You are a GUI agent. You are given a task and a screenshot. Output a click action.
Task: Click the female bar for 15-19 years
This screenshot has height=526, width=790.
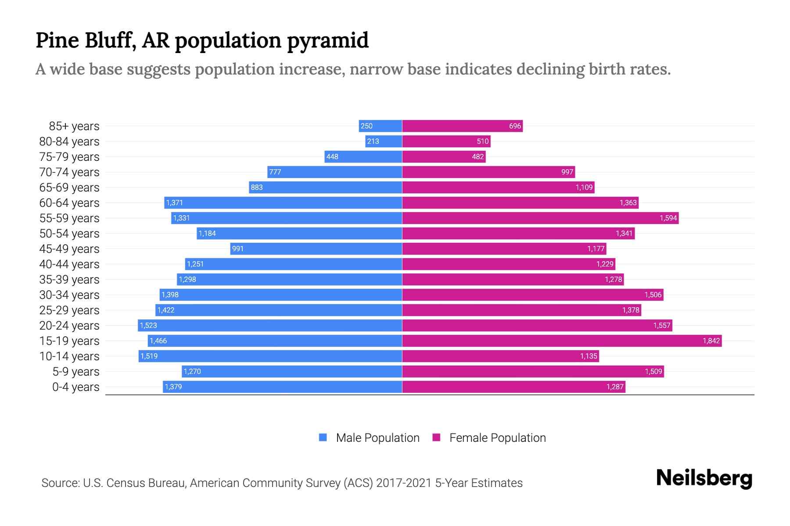pyautogui.click(x=562, y=341)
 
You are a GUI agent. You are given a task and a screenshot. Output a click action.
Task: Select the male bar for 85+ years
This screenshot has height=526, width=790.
pyautogui.click(x=380, y=126)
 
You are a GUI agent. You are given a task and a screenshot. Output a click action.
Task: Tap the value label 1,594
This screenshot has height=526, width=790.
pyautogui.click(x=668, y=218)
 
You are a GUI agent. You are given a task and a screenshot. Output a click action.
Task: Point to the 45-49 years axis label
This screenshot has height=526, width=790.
pyautogui.click(x=69, y=249)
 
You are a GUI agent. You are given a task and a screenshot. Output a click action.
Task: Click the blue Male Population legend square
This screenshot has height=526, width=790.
pyautogui.click(x=323, y=437)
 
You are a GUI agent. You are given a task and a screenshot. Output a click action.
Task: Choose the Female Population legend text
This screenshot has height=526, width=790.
pyautogui.click(x=497, y=437)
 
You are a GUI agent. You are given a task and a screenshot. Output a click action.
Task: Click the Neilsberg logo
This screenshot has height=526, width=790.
pyautogui.click(x=704, y=478)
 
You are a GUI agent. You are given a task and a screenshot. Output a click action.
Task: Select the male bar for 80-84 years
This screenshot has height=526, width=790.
pyautogui.click(x=384, y=141)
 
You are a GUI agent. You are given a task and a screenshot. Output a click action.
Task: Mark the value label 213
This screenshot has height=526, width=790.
pyautogui.click(x=373, y=141)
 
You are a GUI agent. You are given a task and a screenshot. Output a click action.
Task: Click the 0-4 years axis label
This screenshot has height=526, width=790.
pyautogui.click(x=75, y=387)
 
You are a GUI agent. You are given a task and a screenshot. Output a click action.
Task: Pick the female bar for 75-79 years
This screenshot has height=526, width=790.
pyautogui.click(x=443, y=156)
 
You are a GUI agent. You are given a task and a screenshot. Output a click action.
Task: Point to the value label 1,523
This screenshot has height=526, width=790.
pyautogui.click(x=148, y=325)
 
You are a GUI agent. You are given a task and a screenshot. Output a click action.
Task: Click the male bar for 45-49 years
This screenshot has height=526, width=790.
pyautogui.click(x=316, y=249)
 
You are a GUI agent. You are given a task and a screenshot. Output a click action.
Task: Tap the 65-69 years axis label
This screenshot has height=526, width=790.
pyautogui.click(x=69, y=187)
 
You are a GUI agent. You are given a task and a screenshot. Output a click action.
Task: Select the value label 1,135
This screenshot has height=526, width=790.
pyautogui.click(x=589, y=356)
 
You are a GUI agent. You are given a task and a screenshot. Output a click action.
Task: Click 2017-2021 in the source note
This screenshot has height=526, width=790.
pyautogui.click(x=403, y=483)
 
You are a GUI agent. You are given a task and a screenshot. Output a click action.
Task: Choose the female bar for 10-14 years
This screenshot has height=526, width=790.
pyautogui.click(x=500, y=356)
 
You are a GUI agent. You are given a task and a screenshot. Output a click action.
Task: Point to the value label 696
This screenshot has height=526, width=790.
pyautogui.click(x=515, y=126)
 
